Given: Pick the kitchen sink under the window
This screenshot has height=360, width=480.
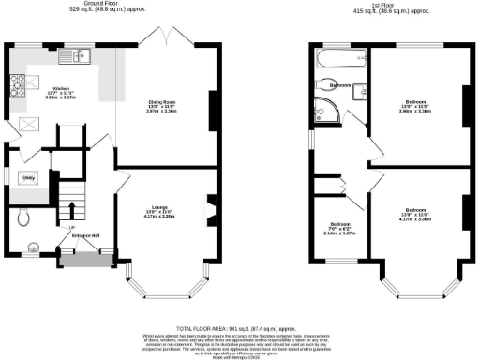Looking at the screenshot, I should [x=70, y=58].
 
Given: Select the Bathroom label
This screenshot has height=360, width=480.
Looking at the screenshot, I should [x=341, y=84].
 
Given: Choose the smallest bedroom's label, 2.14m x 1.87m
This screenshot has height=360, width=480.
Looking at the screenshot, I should [x=339, y=228].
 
